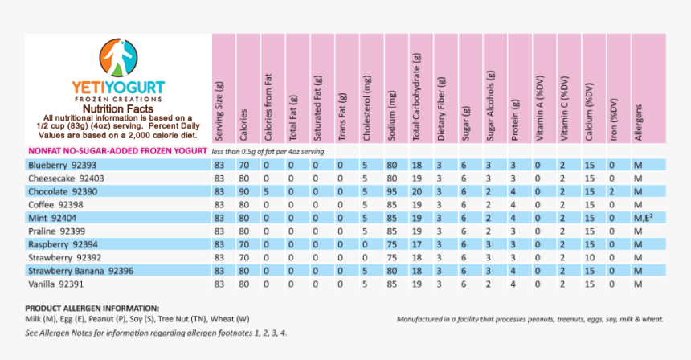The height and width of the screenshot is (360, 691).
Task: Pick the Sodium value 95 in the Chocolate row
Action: [392, 191]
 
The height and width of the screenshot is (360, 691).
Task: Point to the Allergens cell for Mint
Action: [641, 217]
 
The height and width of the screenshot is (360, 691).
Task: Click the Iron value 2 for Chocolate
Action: [611, 191]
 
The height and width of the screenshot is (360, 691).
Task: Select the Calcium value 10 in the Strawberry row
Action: [589, 257]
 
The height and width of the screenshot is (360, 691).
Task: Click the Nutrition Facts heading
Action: [118, 107]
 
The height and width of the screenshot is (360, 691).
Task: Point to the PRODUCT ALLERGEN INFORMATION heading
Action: [92, 308]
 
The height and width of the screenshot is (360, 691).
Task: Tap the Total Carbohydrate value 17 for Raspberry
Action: [416, 243]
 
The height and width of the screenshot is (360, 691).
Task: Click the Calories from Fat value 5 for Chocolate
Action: [268, 191]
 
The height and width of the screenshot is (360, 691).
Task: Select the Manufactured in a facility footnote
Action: [530, 319]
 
